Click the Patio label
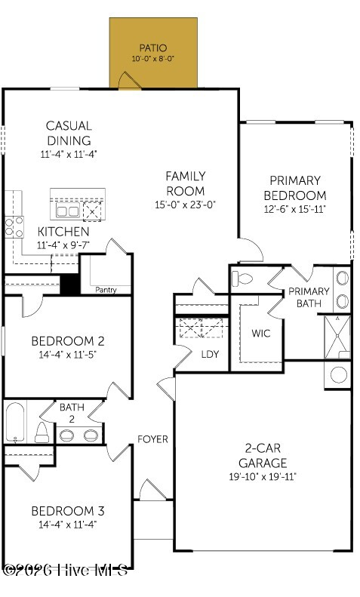click(x=153, y=48)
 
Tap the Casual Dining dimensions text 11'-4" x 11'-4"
click(x=69, y=154)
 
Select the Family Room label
click(x=186, y=183)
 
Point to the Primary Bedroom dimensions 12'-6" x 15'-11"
click(x=295, y=209)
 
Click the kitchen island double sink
click(x=67, y=210)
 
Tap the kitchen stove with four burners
click(x=14, y=227)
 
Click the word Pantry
click(x=106, y=290)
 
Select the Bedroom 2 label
click(x=68, y=340)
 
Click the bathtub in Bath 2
click(x=16, y=422)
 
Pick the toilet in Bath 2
click(x=42, y=432)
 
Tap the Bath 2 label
click(x=72, y=413)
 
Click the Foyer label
click(x=152, y=439)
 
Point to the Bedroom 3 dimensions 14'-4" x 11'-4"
click(x=68, y=525)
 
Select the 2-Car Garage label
click(x=263, y=455)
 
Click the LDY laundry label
click(x=210, y=354)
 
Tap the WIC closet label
click(x=261, y=334)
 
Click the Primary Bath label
click(x=309, y=297)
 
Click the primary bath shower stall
click(x=337, y=337)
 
